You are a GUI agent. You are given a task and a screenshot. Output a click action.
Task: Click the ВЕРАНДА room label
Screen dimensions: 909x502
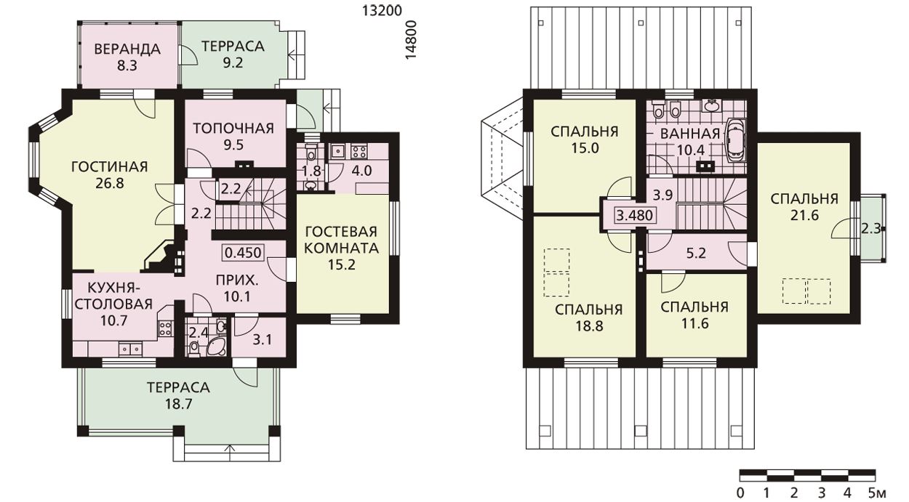(127, 49)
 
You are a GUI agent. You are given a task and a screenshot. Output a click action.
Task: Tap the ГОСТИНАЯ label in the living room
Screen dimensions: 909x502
(110, 166)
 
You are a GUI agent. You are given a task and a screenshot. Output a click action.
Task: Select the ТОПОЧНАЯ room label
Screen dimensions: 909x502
(233, 129)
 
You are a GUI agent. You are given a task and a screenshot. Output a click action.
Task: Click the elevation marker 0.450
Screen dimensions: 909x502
(243, 253)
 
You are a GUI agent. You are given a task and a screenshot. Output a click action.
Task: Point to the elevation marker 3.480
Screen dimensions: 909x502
(635, 215)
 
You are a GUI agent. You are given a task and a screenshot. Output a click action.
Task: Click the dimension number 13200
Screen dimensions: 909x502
(382, 11)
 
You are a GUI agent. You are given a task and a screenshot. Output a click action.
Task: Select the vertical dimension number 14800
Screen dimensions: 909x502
(411, 41)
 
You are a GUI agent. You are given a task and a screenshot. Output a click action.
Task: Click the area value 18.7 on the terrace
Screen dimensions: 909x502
(178, 404)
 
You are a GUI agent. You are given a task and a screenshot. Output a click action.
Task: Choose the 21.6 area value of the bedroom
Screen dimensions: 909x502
(804, 215)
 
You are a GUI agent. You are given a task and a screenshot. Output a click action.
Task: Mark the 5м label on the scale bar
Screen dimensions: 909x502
(876, 493)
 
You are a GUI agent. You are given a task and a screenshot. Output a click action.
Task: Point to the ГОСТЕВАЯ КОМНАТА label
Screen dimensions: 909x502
(341, 240)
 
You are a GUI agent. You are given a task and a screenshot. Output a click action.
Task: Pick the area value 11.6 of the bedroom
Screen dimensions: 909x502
(694, 323)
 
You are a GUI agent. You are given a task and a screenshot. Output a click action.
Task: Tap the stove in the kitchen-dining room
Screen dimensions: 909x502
(165, 328)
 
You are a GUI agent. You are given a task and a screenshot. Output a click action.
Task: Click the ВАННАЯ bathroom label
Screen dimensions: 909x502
(690, 134)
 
